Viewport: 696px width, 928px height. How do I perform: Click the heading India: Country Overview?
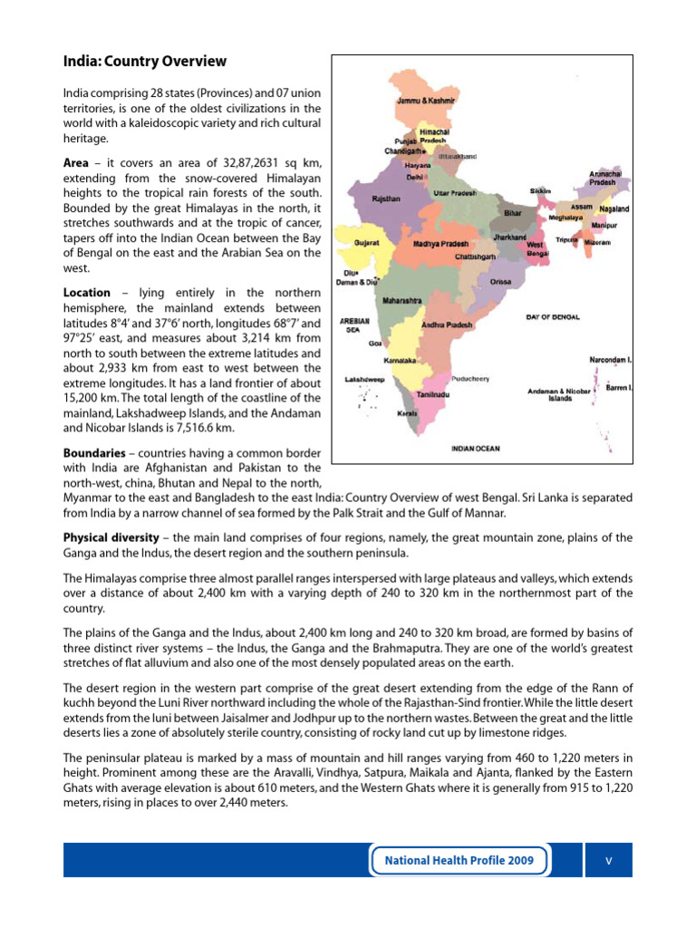pos(144,62)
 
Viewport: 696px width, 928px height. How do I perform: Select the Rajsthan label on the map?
pos(386,198)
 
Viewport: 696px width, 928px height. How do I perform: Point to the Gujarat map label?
pos(366,244)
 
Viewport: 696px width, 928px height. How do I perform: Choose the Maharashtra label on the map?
pos(401,299)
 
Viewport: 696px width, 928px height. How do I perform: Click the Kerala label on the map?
pos(407,413)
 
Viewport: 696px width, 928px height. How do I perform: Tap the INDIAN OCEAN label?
pos(475,449)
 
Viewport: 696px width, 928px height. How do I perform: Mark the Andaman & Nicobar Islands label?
pos(559,394)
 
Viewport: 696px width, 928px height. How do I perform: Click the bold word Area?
pos(76,162)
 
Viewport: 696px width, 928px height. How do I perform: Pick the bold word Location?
pos(87,293)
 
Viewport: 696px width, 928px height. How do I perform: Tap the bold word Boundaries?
pos(93,452)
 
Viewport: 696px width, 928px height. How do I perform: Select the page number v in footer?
pos(609,859)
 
